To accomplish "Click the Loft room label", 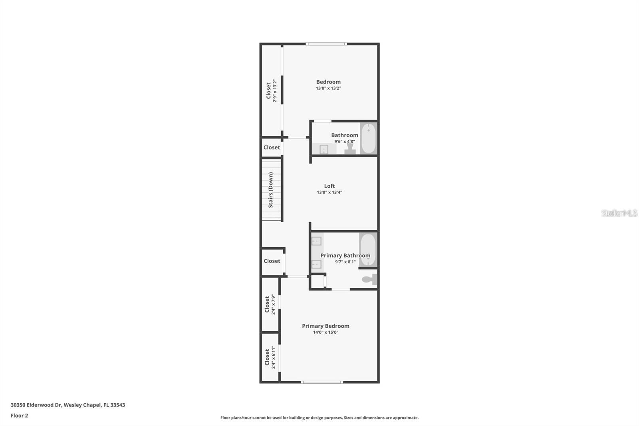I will (x=329, y=186).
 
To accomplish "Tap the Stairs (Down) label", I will (x=271, y=190).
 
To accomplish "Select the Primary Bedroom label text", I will (x=325, y=326).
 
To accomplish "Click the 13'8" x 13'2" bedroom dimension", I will (x=328, y=88).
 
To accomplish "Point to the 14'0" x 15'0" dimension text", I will (x=325, y=332).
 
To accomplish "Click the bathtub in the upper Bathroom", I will (x=369, y=138).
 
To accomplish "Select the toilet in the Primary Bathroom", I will (x=369, y=279).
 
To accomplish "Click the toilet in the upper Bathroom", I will (x=350, y=149).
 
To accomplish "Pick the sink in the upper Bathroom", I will (x=324, y=149).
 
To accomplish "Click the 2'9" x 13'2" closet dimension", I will (x=275, y=91).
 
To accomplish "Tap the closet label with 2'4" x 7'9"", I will (x=267, y=305).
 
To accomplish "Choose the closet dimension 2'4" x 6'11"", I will (x=274, y=357).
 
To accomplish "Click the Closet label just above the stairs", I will (x=272, y=147).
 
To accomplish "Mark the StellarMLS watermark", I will (x=619, y=213).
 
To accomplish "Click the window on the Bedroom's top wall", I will (x=326, y=44).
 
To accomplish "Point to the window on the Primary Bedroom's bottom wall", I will (x=322, y=382).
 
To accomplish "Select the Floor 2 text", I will (x=19, y=416).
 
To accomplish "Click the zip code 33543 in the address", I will (x=118, y=405).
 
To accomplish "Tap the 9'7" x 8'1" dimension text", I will (x=345, y=262).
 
